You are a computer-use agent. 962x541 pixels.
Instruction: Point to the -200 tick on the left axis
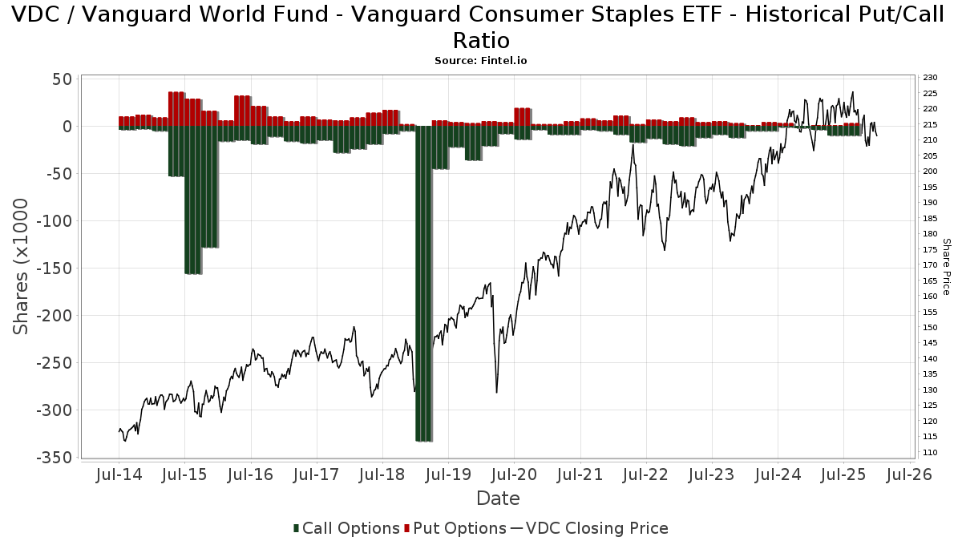pos(55,316)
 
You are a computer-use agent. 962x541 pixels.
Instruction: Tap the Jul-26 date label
pos(909,474)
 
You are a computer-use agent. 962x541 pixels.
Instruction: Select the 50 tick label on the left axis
pos(63,79)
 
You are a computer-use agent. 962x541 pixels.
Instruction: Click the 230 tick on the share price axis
pos(930,78)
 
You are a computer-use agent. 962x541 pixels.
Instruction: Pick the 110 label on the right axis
pos(930,453)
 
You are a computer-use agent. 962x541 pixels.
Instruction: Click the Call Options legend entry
pos(346,528)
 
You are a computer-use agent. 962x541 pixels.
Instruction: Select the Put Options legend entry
pos(455,528)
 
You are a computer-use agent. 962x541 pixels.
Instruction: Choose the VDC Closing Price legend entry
pos(589,528)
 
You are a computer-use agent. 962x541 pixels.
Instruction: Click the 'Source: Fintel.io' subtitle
pos(481,60)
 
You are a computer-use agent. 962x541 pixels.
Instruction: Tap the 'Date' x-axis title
pos(498,499)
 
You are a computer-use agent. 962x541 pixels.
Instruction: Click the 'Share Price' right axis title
pos(946,266)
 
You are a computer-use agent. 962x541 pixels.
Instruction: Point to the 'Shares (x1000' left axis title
pos(22,266)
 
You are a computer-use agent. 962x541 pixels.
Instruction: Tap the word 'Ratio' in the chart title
pos(481,40)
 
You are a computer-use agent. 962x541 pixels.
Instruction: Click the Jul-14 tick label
pos(119,474)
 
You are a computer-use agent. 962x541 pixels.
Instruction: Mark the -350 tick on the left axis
pos(55,458)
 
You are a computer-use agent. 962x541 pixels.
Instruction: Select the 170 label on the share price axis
pos(930,265)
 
